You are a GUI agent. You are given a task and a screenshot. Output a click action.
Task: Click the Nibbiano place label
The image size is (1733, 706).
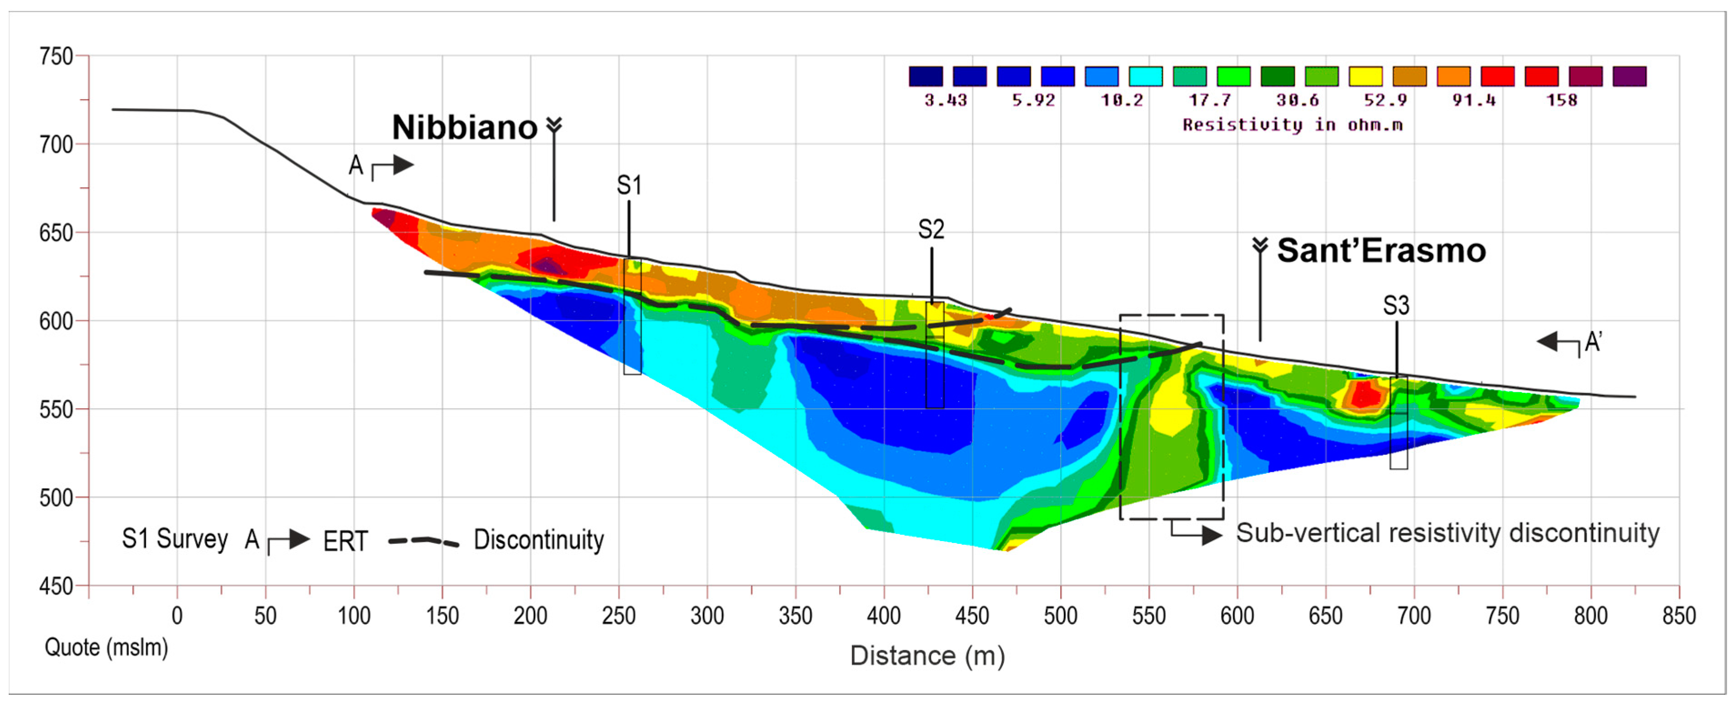464,127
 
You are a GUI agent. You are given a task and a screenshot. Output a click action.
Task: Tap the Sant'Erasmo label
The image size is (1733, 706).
1381,251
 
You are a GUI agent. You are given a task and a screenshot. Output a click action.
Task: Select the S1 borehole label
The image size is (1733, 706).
629,185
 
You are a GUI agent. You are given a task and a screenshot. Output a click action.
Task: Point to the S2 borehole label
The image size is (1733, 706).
931,230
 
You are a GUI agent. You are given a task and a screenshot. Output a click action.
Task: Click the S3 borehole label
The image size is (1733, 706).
1396,305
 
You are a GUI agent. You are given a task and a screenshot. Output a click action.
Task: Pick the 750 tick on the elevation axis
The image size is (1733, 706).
56,56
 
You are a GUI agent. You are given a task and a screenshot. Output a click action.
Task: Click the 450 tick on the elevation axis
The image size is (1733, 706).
56,587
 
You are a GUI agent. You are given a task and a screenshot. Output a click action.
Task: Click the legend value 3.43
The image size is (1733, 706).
945,101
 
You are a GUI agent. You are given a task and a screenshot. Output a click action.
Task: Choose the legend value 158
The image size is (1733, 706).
1562,101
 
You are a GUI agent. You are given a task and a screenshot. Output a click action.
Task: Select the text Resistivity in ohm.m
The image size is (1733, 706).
1292,125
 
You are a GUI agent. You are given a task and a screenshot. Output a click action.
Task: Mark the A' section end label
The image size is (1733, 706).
1593,342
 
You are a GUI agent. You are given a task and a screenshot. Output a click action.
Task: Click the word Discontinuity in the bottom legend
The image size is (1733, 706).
539,540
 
